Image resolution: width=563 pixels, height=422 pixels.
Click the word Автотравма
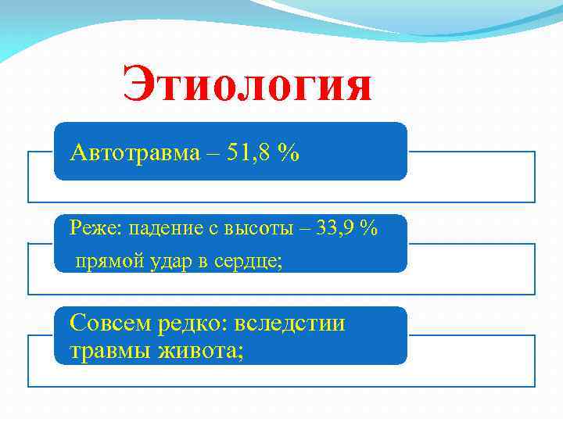point(134,153)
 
